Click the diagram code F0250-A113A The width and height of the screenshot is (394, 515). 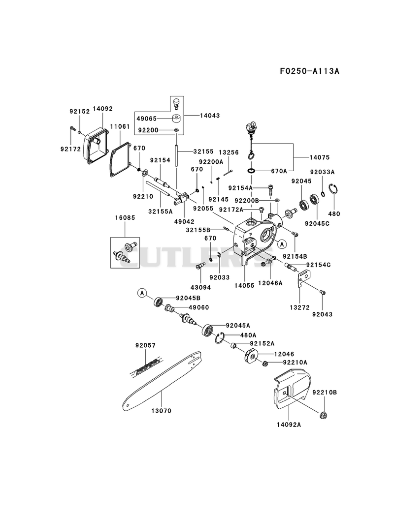tap(309, 71)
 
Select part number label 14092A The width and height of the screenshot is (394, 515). tap(289, 424)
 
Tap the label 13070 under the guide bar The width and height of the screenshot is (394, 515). tap(161, 411)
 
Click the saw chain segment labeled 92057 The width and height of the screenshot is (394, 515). tap(145, 366)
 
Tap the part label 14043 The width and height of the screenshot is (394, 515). tap(210, 116)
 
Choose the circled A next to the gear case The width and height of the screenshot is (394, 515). tap(282, 244)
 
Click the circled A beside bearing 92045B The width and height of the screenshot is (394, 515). tap(142, 293)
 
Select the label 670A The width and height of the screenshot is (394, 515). tap(279, 171)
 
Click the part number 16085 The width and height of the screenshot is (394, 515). tap(125, 218)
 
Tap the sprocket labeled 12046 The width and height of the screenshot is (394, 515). tap(252, 357)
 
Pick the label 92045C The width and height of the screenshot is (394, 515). tap(317, 223)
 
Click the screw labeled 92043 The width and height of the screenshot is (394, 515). tap(322, 292)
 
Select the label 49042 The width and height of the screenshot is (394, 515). tap(184, 222)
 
